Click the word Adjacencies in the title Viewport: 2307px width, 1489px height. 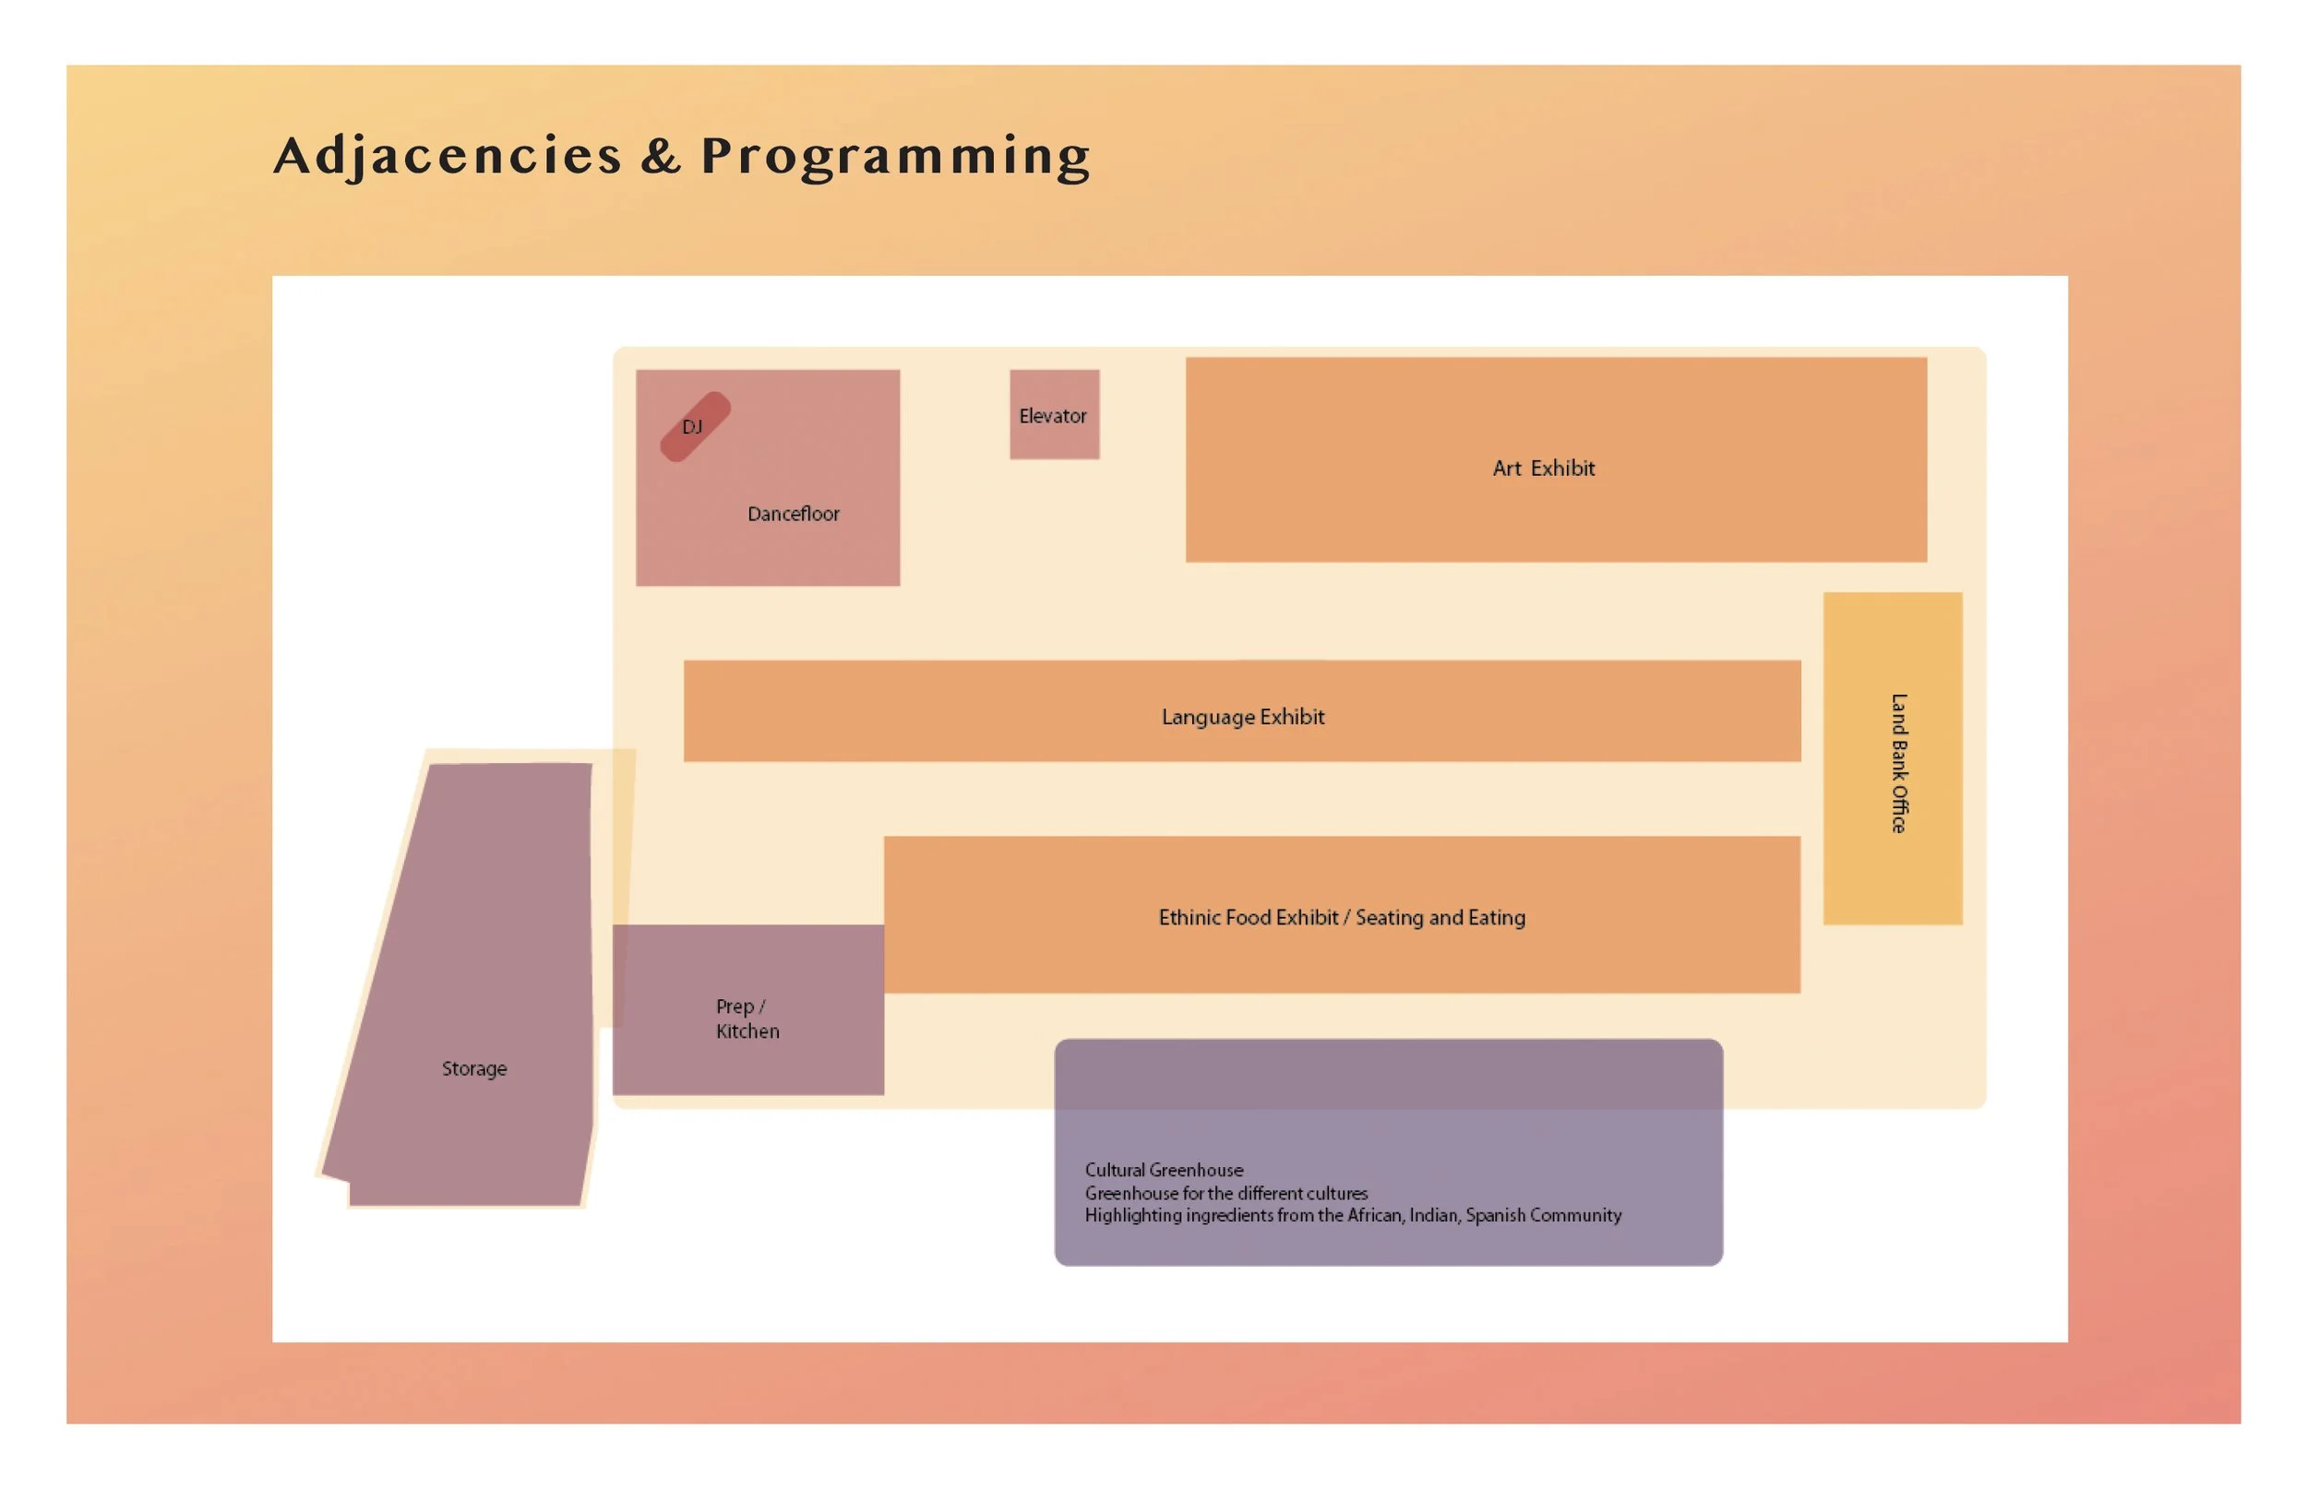coord(447,157)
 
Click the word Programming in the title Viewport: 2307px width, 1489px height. coord(895,157)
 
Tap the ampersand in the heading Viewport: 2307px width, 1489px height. coord(661,157)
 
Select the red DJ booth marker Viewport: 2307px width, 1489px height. coord(694,426)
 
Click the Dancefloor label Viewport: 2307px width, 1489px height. coord(793,515)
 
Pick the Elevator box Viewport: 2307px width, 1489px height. coord(1054,415)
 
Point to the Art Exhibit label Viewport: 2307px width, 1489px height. coord(1543,469)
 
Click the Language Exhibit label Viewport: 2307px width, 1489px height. coord(1242,718)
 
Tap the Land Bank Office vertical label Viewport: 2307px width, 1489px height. coord(1899,763)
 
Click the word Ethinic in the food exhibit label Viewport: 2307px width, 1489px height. coord(1189,918)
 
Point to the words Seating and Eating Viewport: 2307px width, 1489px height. coord(1440,918)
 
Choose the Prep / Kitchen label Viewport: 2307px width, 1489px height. coord(747,1019)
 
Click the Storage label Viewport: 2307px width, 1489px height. coord(473,1068)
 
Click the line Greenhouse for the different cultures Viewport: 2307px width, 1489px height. coord(1225,1193)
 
